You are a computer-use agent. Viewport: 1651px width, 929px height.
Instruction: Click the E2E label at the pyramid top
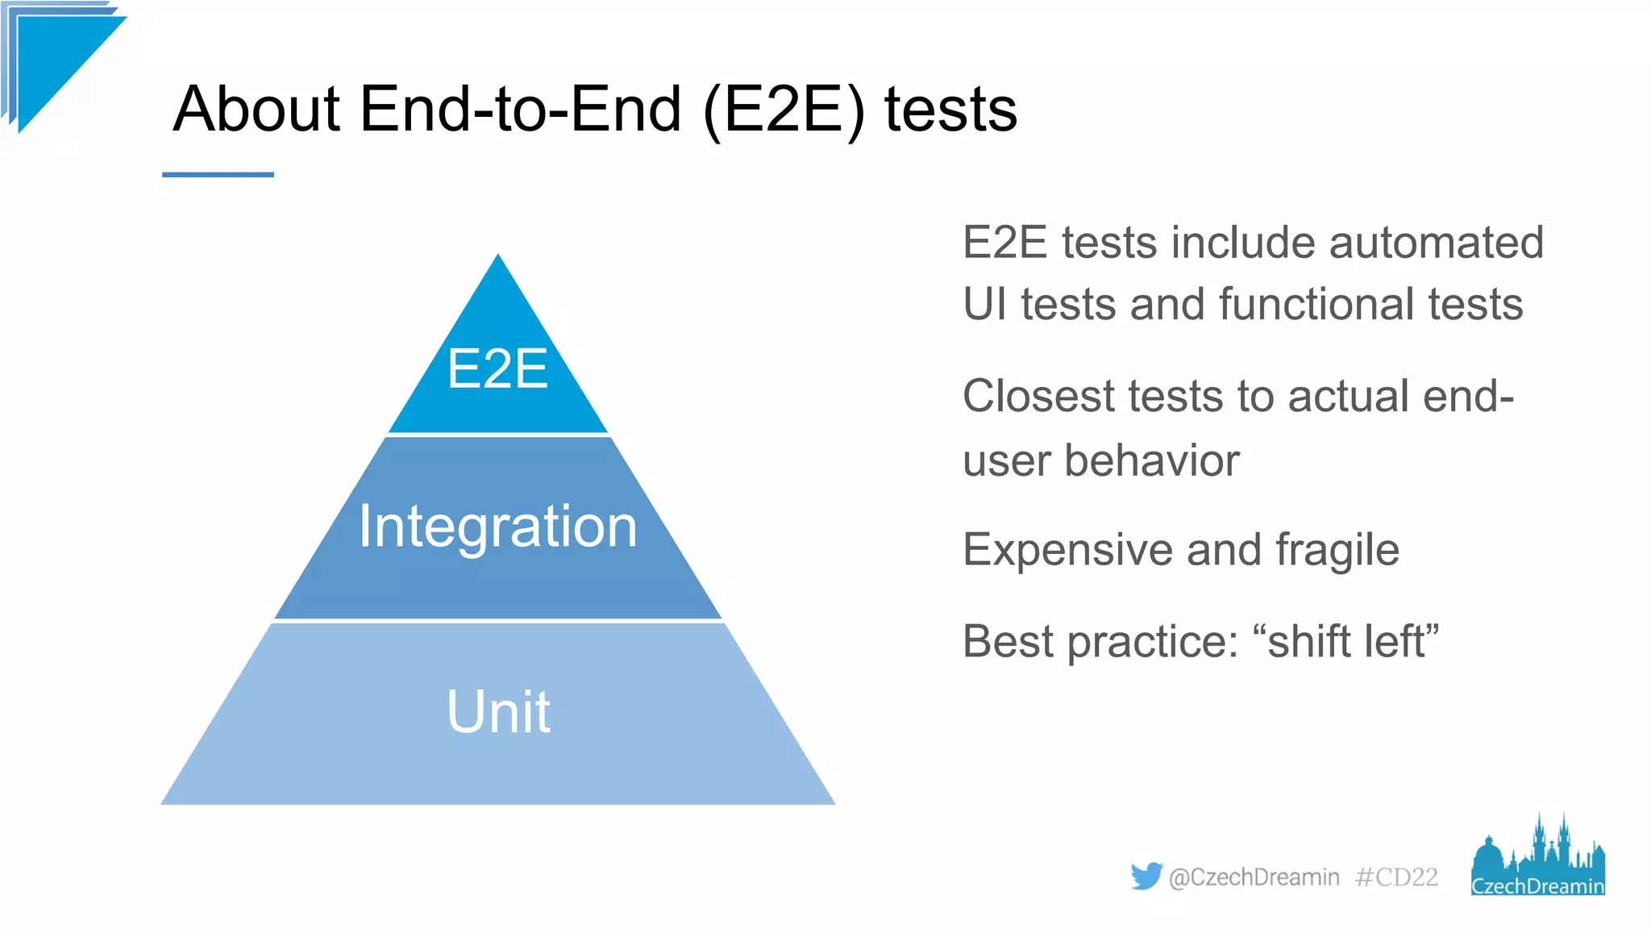497,369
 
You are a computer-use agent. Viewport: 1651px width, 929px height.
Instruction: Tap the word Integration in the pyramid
497,526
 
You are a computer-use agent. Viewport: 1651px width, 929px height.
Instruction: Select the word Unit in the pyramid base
498,712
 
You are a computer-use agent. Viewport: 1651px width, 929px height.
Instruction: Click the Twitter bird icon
1146,876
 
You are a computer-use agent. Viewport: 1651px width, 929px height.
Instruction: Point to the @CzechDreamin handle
1254,877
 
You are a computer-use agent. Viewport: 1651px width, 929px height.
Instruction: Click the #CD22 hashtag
1396,877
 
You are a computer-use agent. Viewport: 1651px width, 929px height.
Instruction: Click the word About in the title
256,110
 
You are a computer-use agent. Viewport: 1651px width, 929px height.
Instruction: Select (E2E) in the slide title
784,110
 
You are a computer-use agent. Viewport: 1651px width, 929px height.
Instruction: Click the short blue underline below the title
218,174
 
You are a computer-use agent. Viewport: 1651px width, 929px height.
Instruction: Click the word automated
1436,243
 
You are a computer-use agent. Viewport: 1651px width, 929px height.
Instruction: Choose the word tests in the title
950,110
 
